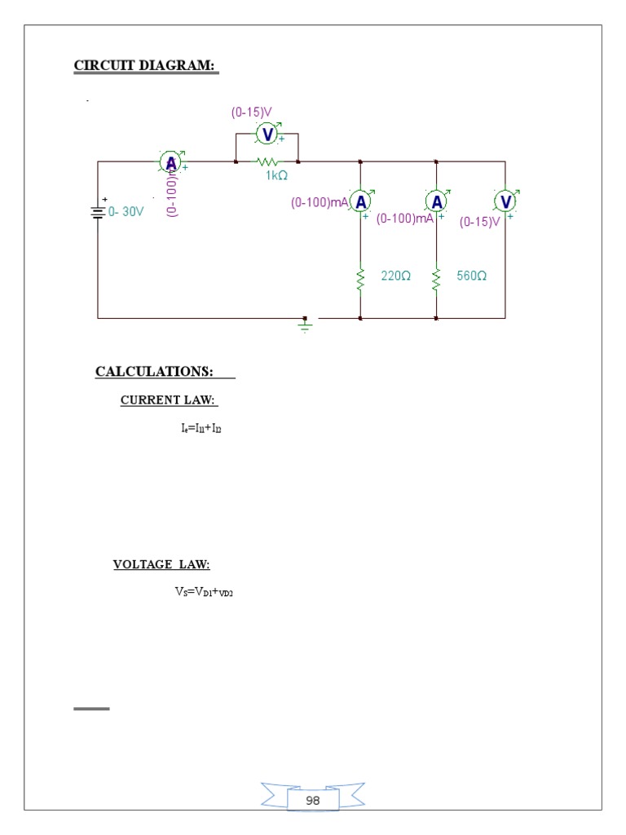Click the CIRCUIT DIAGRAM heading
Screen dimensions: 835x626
tap(146, 65)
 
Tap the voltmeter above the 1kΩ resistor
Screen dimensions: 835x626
tap(267, 134)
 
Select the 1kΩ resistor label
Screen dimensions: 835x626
tap(276, 175)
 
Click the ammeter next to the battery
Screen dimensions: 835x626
tap(170, 163)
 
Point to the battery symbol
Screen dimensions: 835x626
tap(98, 212)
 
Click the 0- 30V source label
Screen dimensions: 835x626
tap(126, 211)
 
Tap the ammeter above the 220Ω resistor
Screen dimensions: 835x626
tap(360, 201)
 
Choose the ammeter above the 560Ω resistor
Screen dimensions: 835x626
tap(437, 201)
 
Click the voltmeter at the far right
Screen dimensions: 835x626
tap(505, 201)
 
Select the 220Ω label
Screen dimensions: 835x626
tap(395, 276)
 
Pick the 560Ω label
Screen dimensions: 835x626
tap(471, 276)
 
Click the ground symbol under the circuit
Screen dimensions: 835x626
tap(305, 325)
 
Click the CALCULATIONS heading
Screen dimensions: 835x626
tap(154, 372)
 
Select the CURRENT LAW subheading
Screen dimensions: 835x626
tap(169, 400)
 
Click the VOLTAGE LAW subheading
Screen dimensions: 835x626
tap(161, 564)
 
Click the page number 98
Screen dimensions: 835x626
tap(313, 801)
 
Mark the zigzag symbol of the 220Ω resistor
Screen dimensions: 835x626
tap(360, 279)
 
